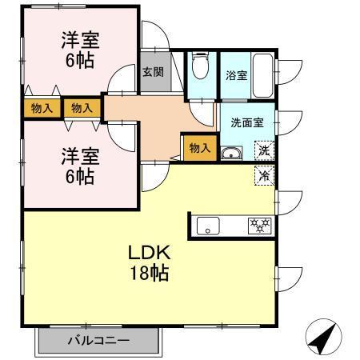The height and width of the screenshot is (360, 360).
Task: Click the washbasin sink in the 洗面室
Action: [x=231, y=154]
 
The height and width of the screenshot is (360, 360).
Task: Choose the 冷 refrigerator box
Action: [x=263, y=175]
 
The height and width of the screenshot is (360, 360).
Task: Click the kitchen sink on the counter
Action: [x=210, y=227]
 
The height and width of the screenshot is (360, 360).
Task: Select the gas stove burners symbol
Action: [x=258, y=226]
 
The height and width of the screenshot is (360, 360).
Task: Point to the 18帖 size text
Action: [x=149, y=274]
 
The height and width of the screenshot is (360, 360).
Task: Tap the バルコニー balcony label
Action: [x=98, y=341]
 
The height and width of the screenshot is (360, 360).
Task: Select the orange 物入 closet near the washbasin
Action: [x=199, y=148]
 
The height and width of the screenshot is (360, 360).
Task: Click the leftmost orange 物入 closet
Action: [x=42, y=107]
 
